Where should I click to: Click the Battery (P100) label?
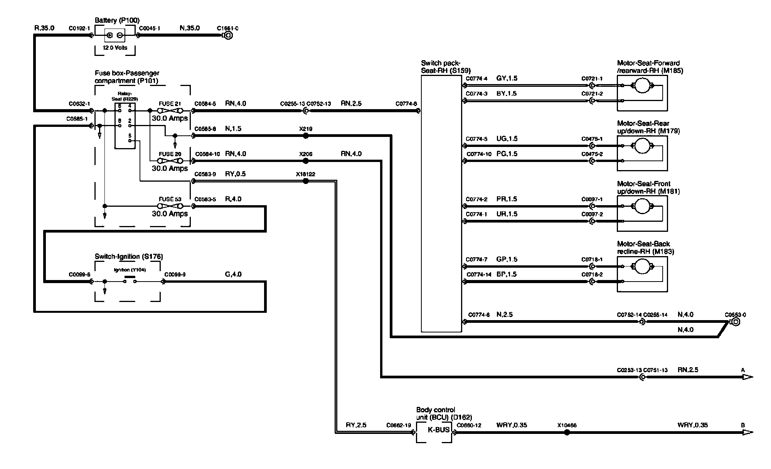[117, 20]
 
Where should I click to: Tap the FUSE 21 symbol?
[170, 111]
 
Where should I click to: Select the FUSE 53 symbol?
[170, 206]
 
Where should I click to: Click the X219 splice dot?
[306, 136]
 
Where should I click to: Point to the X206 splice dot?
[306, 161]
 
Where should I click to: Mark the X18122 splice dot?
[306, 181]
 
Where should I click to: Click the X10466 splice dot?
[567, 432]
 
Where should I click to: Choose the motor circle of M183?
[642, 267]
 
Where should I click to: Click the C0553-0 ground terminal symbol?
[735, 322]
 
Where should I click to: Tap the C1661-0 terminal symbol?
[228, 35]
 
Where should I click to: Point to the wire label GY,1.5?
[507, 78]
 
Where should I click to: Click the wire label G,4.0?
[233, 274]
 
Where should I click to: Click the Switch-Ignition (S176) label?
[129, 256]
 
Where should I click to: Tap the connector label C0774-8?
[406, 104]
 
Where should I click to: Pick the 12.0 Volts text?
[115, 48]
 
